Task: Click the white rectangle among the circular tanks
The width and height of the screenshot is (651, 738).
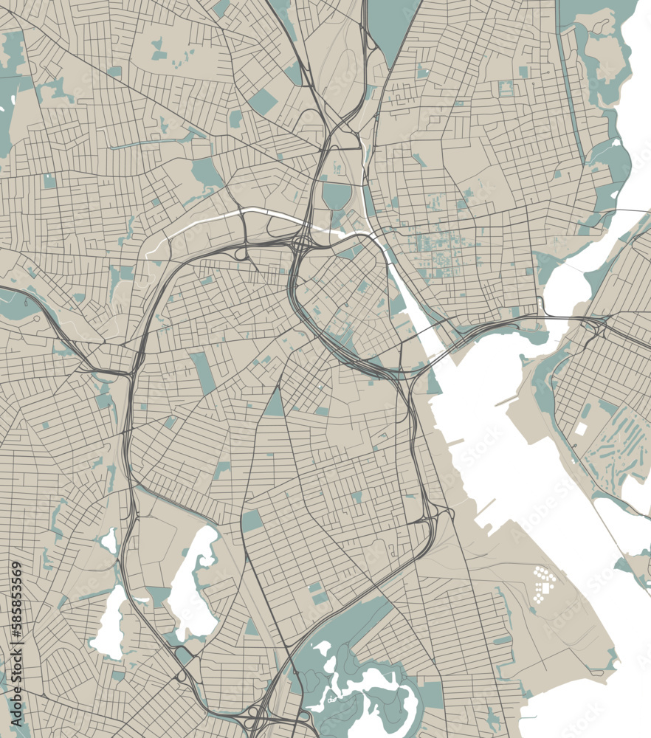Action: pos(547,587)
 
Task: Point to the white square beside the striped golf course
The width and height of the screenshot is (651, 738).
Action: pos(581,428)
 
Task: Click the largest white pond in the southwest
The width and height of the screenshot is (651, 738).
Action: pos(193,583)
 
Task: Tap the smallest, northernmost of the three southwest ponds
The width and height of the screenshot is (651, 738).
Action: pos(109,541)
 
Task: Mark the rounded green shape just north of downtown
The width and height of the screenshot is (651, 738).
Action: pos(337,196)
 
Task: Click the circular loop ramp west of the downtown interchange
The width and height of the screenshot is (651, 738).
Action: pos(241,253)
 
